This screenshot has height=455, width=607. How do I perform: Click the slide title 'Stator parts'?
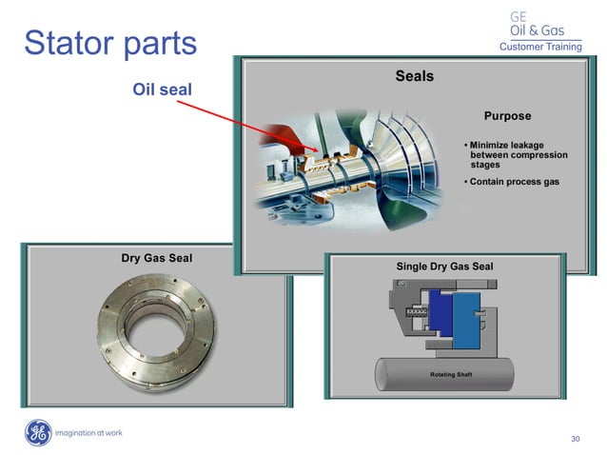click(109, 43)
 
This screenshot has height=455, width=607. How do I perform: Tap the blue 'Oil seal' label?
click(161, 89)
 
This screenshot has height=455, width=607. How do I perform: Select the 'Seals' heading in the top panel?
click(414, 76)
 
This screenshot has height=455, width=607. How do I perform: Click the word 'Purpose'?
click(507, 116)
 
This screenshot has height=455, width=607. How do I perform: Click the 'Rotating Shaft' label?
click(450, 374)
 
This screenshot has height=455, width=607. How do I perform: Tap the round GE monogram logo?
click(38, 432)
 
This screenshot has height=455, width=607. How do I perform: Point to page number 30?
click(575, 439)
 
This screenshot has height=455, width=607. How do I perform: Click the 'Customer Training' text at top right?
click(539, 47)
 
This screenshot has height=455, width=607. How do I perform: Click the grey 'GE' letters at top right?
click(519, 16)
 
